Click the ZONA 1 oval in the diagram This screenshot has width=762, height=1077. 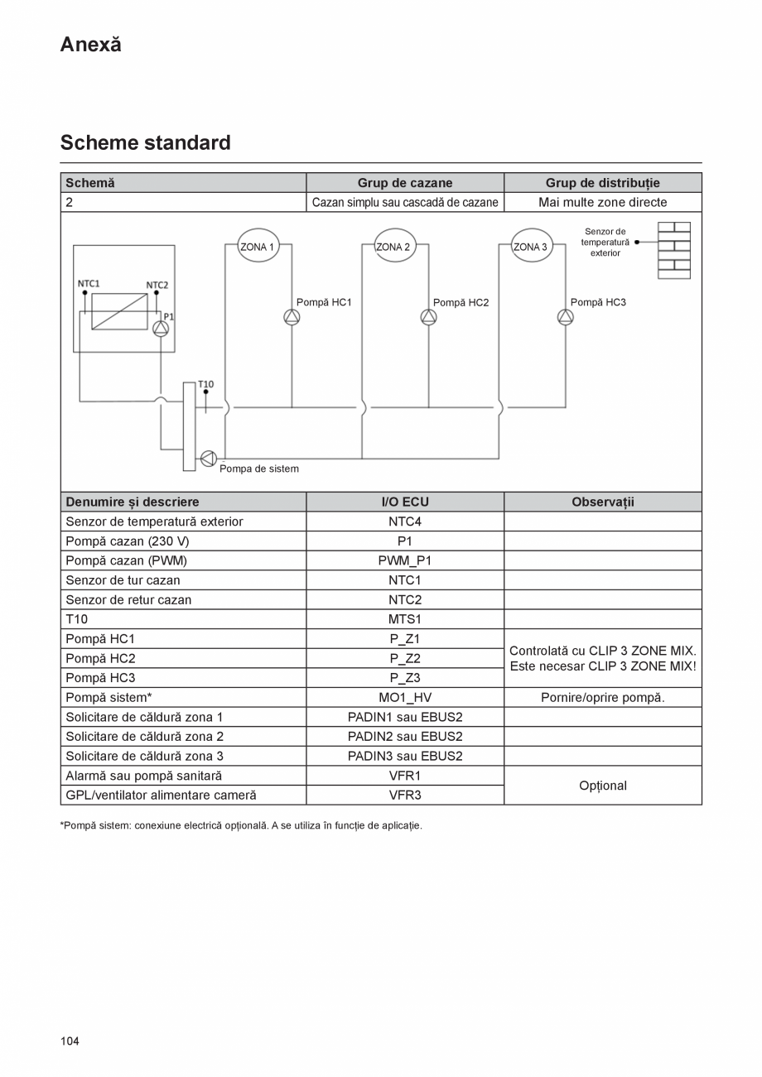click(258, 246)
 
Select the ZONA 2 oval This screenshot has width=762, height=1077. click(394, 246)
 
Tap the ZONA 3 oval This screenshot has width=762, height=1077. click(531, 246)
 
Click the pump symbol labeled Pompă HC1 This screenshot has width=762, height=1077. click(292, 317)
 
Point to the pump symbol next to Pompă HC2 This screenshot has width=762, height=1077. click(428, 317)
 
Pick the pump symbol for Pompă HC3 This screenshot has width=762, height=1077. click(565, 317)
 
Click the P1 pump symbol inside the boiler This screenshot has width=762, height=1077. click(161, 329)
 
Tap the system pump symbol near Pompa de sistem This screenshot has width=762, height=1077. click(208, 459)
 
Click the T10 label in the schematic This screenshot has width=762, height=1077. click(205, 384)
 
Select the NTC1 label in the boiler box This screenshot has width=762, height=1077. click(89, 283)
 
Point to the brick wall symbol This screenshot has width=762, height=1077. click(674, 250)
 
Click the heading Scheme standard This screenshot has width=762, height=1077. click(145, 142)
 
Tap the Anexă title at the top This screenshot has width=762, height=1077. click(90, 45)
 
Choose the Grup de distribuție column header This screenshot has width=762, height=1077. click(602, 183)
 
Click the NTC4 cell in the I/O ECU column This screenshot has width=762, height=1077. click(405, 522)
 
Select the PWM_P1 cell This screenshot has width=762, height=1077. click(405, 560)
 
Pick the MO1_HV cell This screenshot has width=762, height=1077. click(405, 697)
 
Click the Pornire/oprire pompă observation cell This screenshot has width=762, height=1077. click(602, 697)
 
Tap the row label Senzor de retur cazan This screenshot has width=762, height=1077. click(128, 599)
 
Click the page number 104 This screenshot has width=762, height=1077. click(70, 1041)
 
